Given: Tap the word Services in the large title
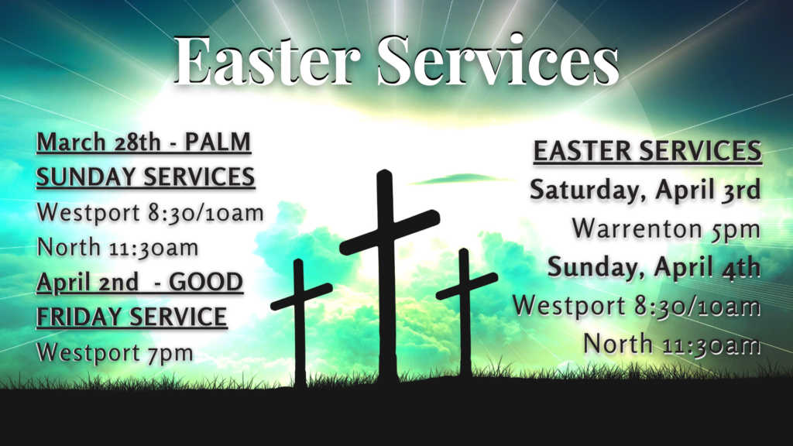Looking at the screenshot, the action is point(498,60).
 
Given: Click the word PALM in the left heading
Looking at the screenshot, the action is point(218,142).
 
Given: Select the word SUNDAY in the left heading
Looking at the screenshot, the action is point(87,177).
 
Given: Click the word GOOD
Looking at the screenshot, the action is point(205,282).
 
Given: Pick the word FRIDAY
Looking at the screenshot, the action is point(80,317).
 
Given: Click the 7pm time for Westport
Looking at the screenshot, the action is point(170,353).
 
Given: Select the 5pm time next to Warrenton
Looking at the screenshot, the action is point(736,229).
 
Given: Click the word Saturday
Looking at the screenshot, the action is point(589,190).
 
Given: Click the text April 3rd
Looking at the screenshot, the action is point(708,190).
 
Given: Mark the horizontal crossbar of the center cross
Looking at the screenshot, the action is point(390,232).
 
